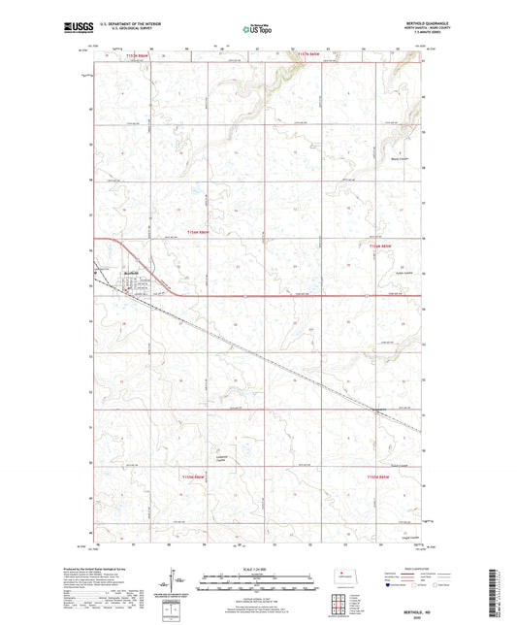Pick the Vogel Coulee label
(397, 536)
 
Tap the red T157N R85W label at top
(312, 55)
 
